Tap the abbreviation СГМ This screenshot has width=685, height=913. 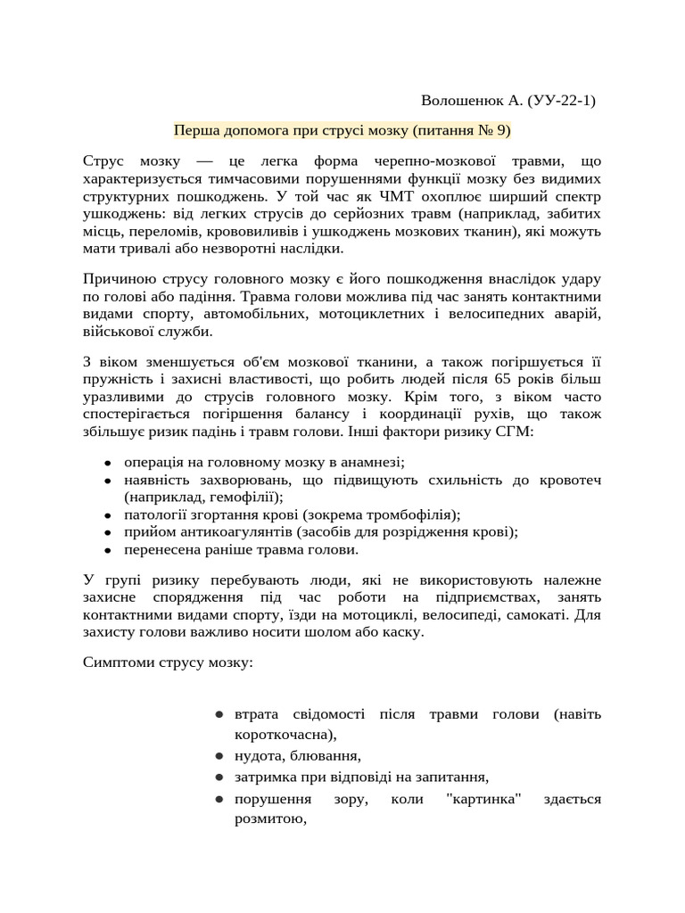(x=513, y=432)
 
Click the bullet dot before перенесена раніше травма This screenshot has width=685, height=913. (x=107, y=550)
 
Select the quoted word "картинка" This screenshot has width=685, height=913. (x=482, y=799)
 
